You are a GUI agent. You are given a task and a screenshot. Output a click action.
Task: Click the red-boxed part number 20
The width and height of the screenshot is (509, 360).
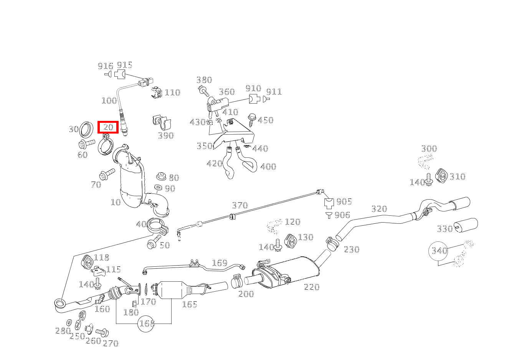tap(108, 127)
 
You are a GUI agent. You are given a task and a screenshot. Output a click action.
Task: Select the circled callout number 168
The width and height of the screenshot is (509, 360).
tap(147, 324)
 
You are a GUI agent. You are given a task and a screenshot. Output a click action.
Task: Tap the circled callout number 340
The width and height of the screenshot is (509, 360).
tap(438, 251)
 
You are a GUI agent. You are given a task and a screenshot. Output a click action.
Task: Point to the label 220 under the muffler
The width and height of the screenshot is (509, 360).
tap(312, 287)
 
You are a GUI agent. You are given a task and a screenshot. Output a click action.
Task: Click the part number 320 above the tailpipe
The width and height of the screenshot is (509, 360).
tap(379, 209)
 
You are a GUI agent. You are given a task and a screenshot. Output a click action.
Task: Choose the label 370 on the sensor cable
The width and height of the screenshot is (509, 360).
tap(240, 206)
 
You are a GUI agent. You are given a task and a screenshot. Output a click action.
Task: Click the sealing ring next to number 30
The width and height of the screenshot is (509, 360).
tap(86, 129)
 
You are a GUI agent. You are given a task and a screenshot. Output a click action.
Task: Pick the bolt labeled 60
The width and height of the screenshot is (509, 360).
tap(87, 144)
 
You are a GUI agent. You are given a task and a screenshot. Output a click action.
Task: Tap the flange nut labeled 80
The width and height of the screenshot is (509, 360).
tap(161, 176)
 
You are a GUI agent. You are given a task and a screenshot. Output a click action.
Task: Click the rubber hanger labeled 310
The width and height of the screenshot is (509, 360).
tap(441, 175)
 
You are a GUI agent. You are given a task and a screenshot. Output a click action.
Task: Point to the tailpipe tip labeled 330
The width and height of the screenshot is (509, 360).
tap(466, 225)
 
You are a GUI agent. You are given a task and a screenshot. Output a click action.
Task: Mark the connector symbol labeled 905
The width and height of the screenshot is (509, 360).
tap(329, 203)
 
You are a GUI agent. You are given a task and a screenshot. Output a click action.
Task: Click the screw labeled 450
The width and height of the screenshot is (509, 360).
tap(252, 120)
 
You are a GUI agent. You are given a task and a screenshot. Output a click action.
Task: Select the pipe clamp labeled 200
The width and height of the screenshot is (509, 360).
tap(237, 281)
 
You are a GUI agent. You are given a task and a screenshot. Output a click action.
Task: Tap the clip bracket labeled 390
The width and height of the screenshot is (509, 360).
tap(162, 123)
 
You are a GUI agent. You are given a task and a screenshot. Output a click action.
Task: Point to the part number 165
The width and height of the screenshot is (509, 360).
tap(190, 304)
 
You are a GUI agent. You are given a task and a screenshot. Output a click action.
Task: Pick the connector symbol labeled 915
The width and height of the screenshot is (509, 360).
tap(120, 74)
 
